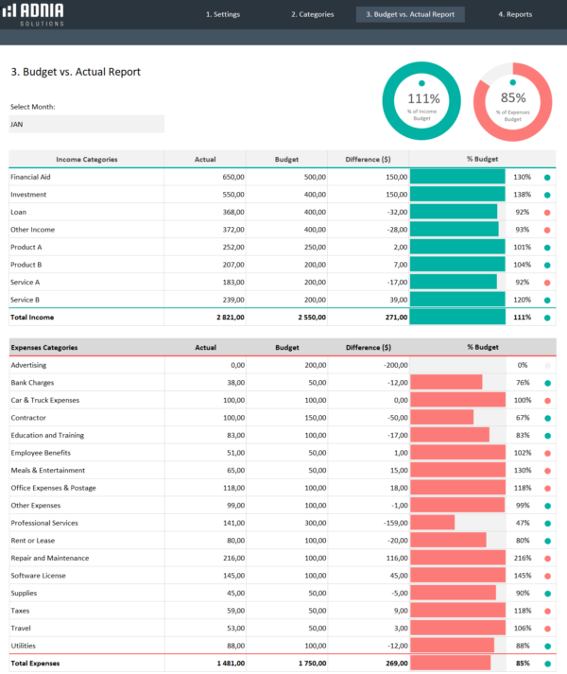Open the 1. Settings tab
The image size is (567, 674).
(x=222, y=15)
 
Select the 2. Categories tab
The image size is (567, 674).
(x=312, y=15)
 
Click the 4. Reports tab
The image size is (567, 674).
(x=515, y=15)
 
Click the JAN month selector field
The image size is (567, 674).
(x=86, y=124)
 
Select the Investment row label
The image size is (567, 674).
(x=28, y=195)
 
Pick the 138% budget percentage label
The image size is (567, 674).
(x=522, y=195)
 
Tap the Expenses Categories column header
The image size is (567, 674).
(x=44, y=348)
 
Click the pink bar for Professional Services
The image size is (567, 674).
(x=432, y=523)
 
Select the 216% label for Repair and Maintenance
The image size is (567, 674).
(x=522, y=558)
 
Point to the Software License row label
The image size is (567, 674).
(x=39, y=576)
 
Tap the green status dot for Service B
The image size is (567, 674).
(x=547, y=300)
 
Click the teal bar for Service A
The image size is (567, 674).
(x=453, y=282)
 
